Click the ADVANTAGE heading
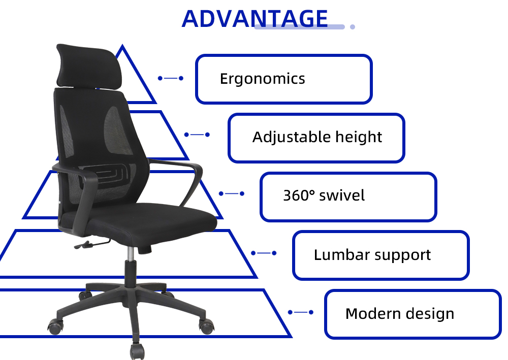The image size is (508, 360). pyautogui.click(x=255, y=18)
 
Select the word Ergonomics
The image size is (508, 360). pyautogui.click(x=263, y=79)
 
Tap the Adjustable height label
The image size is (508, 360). pyautogui.click(x=317, y=137)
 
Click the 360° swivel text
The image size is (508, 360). pyautogui.click(x=324, y=195)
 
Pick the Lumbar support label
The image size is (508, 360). pyautogui.click(x=372, y=255)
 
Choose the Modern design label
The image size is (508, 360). pyautogui.click(x=400, y=313)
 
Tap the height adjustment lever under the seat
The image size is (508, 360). pyautogui.click(x=91, y=244)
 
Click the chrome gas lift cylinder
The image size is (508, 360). pyautogui.click(x=131, y=253)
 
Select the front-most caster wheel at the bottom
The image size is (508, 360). pyautogui.click(x=137, y=351)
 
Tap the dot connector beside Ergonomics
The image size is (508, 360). pyautogui.click(x=170, y=78)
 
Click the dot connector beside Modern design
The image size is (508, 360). pyautogui.click(x=301, y=312)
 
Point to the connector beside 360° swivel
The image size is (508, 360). pyautogui.click(x=231, y=193)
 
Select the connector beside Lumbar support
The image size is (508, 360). pyautogui.click(x=264, y=253)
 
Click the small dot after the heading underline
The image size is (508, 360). pyautogui.click(x=353, y=27)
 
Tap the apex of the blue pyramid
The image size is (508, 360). pyautogui.click(x=122, y=45)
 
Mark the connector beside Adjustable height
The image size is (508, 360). pyautogui.click(x=197, y=135)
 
